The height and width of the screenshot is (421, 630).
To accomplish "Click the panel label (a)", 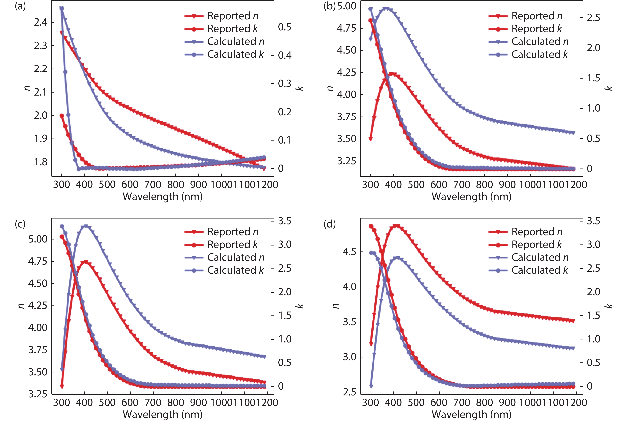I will click(x=20, y=6).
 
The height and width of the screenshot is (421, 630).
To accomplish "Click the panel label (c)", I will click(x=20, y=224).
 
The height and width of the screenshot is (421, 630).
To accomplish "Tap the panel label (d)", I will click(x=330, y=224).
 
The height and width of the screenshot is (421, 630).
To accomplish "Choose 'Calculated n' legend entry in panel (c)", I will click(x=236, y=257).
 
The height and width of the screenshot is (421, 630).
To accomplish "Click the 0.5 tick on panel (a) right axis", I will click(x=285, y=27).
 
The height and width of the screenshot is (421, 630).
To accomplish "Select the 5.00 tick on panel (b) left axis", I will click(x=346, y=6).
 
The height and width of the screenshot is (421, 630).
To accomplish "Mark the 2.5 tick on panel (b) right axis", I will click(x=593, y=18).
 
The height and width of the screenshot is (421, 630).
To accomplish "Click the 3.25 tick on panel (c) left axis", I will click(x=38, y=394).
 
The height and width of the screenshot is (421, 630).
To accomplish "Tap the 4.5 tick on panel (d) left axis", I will click(x=349, y=252).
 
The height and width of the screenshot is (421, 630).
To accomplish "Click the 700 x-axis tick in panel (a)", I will click(x=153, y=185).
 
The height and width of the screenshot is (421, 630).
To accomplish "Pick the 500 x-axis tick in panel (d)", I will click(x=416, y=402).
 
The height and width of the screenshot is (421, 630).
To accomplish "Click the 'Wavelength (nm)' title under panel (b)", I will click(x=471, y=197).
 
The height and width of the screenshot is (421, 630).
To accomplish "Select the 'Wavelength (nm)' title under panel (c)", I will click(x=162, y=414).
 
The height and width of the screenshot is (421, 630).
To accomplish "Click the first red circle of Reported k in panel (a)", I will click(x=62, y=116).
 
